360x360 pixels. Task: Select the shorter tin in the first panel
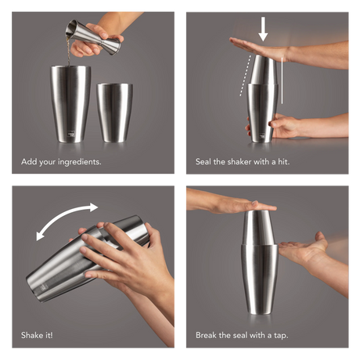click(x=114, y=111)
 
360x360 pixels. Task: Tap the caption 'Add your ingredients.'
click(x=61, y=162)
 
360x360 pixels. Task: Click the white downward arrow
click(x=263, y=29)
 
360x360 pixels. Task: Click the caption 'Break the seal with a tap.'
click(x=242, y=336)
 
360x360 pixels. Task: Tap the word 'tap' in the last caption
click(x=279, y=336)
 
